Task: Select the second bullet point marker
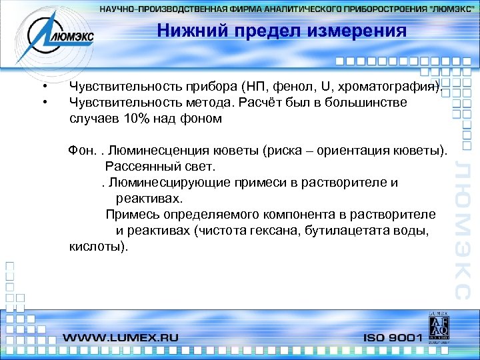(x=44, y=103)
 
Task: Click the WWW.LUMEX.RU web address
(x=121, y=337)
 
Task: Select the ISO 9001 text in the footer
(x=393, y=337)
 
